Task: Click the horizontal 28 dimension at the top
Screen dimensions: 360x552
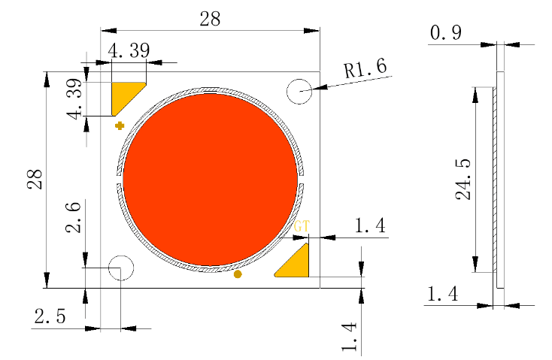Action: [x=210, y=20]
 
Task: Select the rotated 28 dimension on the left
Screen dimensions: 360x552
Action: [x=35, y=179]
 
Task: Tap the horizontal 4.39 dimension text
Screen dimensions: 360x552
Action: [x=129, y=51]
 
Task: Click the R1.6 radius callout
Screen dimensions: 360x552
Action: [x=365, y=69]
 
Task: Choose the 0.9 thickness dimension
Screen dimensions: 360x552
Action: [x=446, y=33]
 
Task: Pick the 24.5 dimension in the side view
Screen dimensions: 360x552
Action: [x=463, y=180]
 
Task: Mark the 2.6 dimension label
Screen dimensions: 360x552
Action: [x=74, y=217]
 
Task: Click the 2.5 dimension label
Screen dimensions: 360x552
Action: [x=49, y=316]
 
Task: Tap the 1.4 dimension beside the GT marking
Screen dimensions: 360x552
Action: [x=369, y=224]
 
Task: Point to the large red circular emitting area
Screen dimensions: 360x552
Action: [x=210, y=179]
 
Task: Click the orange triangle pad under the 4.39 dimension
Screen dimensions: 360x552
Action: [x=124, y=95]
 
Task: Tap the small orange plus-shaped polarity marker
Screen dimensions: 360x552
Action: [x=119, y=126]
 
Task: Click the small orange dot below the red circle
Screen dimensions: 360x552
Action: [x=238, y=274]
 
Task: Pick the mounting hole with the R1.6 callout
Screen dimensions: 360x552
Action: [x=299, y=92]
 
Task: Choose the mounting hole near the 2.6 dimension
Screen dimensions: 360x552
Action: [x=120, y=268]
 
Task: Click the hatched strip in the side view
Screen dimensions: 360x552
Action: [x=496, y=180]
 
